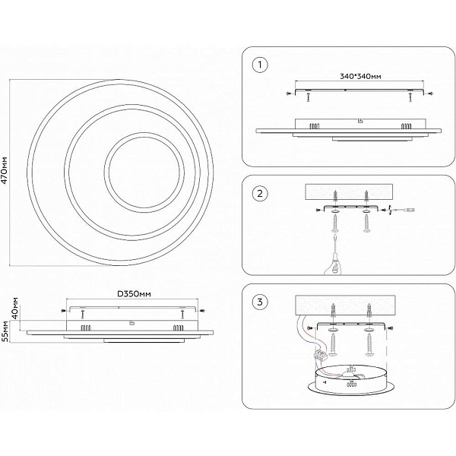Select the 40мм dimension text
pos(15,307)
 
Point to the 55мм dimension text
pos(6,331)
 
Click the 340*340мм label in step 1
pos(360,77)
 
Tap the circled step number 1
pos(260,65)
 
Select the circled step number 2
pos(260,194)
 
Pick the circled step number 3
pos(260,302)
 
